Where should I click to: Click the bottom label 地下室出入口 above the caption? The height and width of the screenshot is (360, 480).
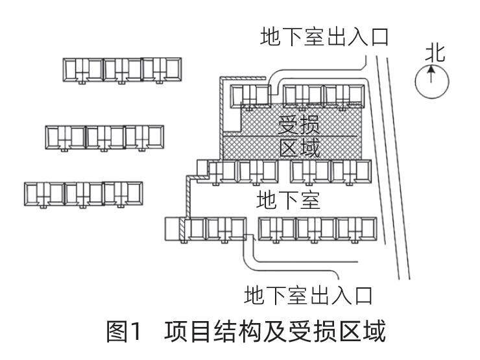coord(307,296)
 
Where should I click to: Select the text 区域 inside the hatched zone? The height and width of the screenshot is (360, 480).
coord(299,147)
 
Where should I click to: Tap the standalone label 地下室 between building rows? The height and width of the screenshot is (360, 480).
coord(289,199)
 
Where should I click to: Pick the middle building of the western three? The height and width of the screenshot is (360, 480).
coord(104,136)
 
